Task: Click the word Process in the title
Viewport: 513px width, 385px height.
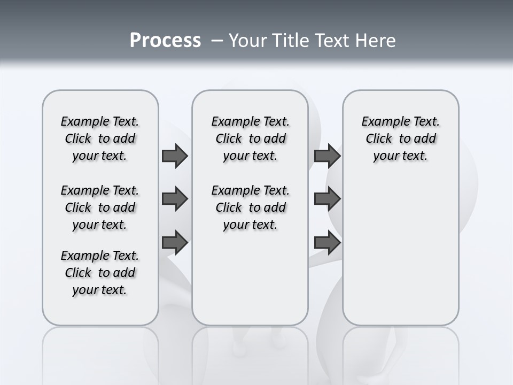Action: pos(165,40)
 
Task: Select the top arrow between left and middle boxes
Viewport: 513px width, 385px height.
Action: pos(175,156)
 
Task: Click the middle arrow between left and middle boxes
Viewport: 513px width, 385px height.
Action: pos(175,199)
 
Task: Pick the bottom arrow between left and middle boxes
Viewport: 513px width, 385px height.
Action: pos(175,243)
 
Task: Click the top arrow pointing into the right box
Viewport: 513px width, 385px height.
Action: pos(327,156)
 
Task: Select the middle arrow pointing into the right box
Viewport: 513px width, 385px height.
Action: pos(327,199)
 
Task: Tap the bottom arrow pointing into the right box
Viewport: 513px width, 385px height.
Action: pos(327,243)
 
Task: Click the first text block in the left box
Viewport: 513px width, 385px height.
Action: pos(100,138)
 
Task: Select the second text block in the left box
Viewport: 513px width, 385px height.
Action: pos(100,207)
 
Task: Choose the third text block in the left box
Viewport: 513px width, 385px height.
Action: pos(100,273)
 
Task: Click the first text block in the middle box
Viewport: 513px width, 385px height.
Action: pos(250,138)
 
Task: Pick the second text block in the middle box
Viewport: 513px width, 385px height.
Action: pos(250,207)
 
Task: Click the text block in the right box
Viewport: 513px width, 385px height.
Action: pos(400,138)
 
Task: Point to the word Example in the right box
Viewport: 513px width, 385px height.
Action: pos(382,121)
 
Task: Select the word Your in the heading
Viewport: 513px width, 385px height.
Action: pos(248,40)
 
